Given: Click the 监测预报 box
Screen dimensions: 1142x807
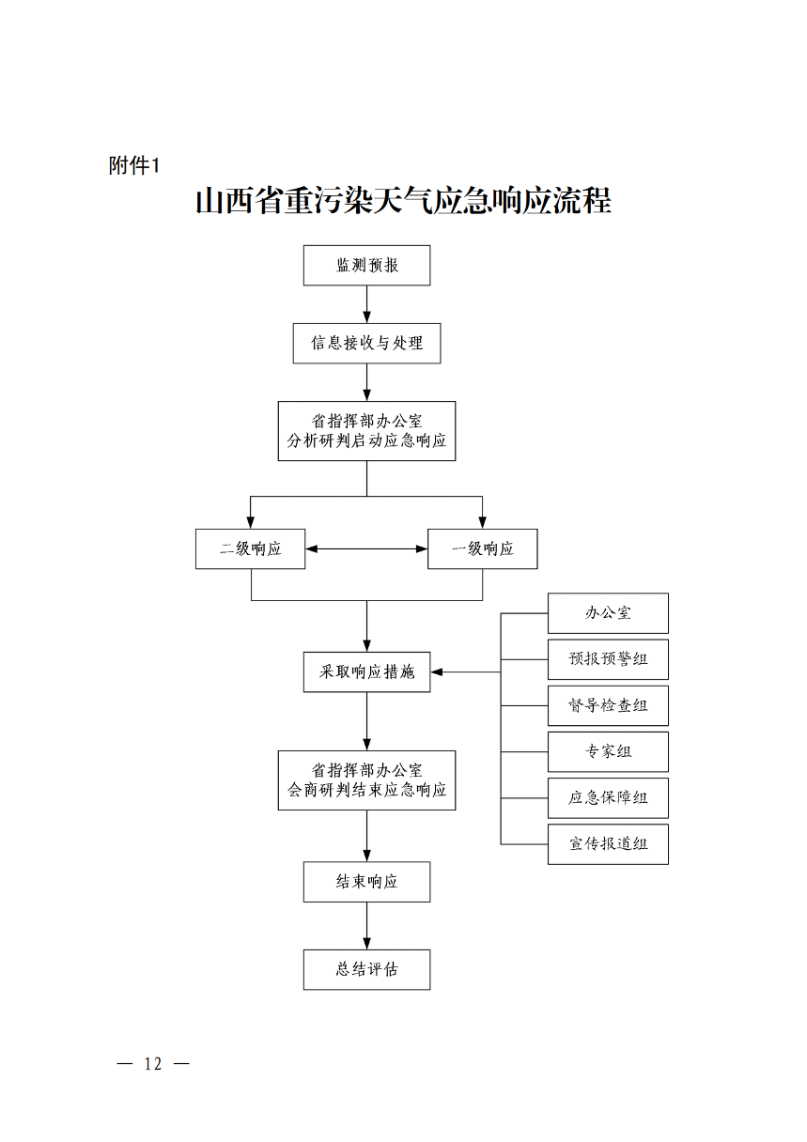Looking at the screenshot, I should tap(366, 266).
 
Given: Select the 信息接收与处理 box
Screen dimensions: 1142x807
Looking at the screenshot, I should tap(366, 343).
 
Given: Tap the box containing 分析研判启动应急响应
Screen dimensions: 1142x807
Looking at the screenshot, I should tap(366, 431).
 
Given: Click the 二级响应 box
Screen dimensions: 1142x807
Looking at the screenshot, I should tap(251, 548).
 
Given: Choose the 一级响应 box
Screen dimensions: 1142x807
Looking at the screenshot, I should tap(482, 548).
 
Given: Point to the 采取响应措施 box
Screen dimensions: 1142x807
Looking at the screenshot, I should tap(366, 671).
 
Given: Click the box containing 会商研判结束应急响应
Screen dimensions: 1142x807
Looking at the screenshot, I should tap(366, 780).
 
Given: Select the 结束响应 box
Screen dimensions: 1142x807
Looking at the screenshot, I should tap(366, 882).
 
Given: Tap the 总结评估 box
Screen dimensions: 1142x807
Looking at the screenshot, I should tap(366, 969).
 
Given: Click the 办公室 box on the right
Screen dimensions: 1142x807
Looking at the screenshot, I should tap(608, 613).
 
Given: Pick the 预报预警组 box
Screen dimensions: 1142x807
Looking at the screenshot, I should tap(608, 659).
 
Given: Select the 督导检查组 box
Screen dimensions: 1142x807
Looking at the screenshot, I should tap(608, 705).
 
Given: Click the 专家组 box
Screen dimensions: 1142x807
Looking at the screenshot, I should tap(608, 751).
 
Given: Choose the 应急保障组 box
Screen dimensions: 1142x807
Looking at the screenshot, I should tap(608, 798).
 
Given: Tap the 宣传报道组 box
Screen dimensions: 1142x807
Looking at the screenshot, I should tap(608, 844).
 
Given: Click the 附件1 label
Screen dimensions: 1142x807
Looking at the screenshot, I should tap(135, 166).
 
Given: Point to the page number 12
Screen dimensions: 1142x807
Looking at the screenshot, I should tap(153, 1064).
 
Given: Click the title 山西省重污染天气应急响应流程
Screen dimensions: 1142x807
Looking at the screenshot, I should tap(403, 201).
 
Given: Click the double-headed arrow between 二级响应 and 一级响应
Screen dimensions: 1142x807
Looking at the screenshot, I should tap(366, 548).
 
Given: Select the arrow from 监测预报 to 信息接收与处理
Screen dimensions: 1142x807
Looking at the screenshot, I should tap(366, 304).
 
